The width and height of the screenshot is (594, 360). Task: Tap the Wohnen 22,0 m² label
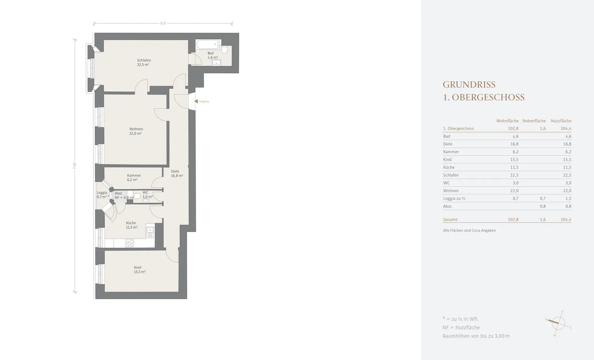(136, 131)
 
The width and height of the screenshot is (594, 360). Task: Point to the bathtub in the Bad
(207, 45)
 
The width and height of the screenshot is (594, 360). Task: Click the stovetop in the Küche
(130, 243)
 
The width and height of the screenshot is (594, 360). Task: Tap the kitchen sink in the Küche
(150, 232)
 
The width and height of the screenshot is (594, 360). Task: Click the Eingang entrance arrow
(196, 101)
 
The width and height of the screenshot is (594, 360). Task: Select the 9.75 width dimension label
(163, 23)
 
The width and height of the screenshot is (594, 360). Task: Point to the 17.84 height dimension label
(75, 166)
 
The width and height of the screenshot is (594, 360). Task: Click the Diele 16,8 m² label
(177, 173)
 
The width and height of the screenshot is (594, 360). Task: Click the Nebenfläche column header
(534, 121)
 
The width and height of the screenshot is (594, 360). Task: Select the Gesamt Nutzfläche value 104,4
(566, 219)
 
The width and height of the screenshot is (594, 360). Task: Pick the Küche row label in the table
(449, 167)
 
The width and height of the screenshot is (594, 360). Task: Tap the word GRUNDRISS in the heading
(469, 85)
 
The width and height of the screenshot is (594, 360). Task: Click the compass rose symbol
(558, 323)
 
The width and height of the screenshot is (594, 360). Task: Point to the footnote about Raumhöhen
(476, 336)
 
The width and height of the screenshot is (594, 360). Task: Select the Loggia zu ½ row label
(454, 198)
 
